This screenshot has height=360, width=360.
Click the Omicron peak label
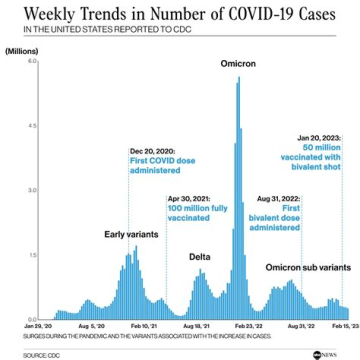pos(239,63)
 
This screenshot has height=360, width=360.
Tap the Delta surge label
pos(199,257)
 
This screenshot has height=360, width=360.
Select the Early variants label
pos(131,234)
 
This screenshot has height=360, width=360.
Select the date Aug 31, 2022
pos(278,198)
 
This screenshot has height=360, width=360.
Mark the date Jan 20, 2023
pos(319,137)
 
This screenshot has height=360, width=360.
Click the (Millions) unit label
pos(21,50)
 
